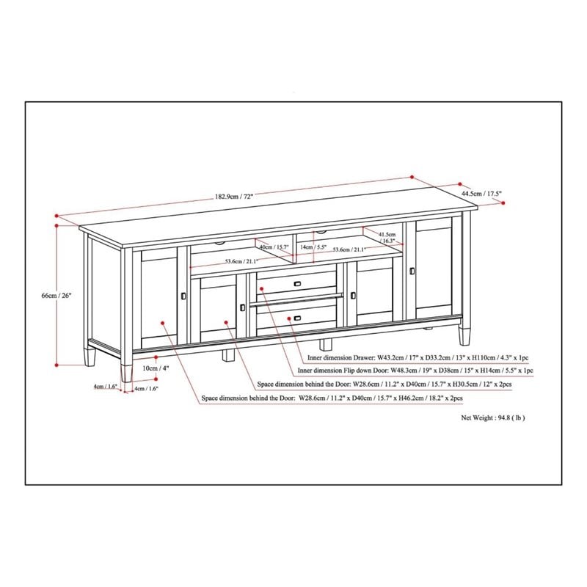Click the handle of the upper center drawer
coord(296,284)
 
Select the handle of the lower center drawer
coord(296,318)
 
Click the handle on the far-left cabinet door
coord(183,295)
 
